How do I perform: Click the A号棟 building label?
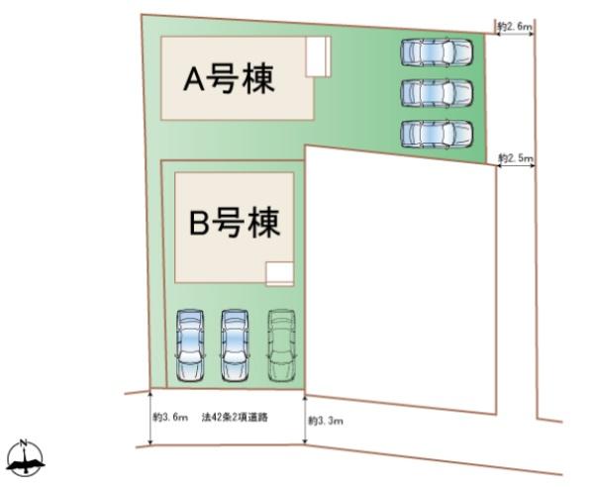click(229, 79)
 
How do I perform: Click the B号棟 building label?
click(235, 223)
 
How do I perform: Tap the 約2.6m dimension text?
click(515, 27)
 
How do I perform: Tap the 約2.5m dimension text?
click(516, 157)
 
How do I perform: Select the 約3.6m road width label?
click(170, 418)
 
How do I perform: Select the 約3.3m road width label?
click(326, 421)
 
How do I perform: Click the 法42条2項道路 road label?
click(235, 418)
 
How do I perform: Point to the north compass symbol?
click(25, 458)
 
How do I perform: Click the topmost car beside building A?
click(437, 51)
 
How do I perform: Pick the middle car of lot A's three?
click(437, 93)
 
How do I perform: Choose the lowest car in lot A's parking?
click(437, 134)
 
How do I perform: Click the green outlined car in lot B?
click(281, 345)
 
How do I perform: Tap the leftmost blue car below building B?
click(189, 345)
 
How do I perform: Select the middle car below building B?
click(235, 345)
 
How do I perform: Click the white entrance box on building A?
click(318, 56)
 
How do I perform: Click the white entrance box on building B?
click(280, 273)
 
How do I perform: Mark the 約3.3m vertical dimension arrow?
click(305, 420)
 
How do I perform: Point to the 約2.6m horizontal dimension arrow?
click(515, 34)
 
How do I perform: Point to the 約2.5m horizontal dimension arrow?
click(516, 164)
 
